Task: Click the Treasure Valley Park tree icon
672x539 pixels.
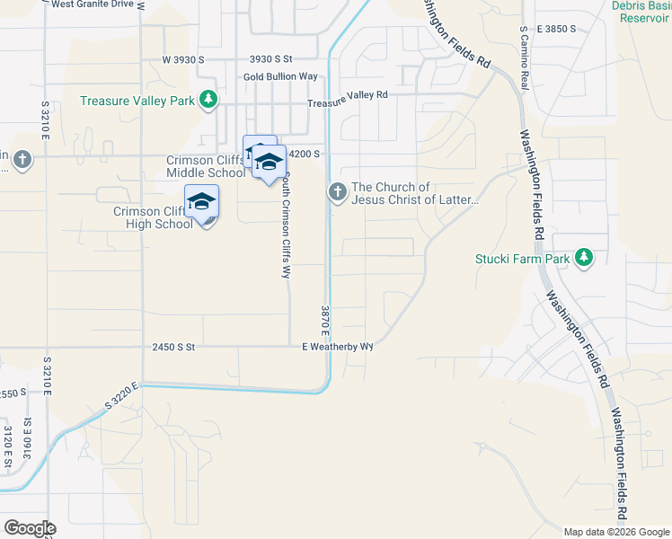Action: tap(208, 99)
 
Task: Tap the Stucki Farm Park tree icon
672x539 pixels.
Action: tap(585, 259)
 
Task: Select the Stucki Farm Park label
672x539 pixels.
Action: tap(522, 260)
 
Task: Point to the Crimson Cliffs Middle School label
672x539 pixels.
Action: tap(204, 167)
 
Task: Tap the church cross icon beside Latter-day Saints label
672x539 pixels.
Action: tap(338, 191)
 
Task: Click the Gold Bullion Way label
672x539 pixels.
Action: tap(280, 77)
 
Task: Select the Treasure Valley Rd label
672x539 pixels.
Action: tap(347, 95)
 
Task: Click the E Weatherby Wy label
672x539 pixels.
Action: tap(337, 346)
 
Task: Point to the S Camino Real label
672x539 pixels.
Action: tap(523, 57)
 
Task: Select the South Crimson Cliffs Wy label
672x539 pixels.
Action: tap(286, 226)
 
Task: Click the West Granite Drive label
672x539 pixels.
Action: tap(98, 4)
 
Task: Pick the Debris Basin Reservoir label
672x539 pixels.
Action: tap(640, 12)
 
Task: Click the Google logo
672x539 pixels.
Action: tap(30, 528)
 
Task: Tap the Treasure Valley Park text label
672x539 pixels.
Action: tap(137, 101)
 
